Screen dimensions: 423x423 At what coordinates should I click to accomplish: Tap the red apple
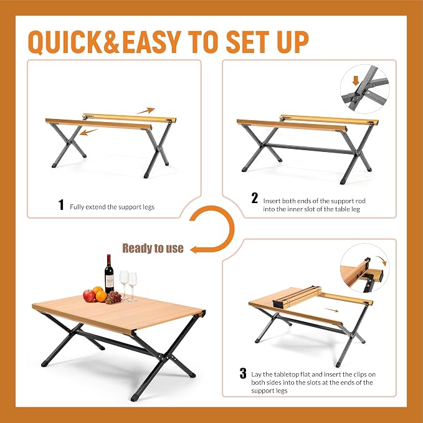pos(88,296)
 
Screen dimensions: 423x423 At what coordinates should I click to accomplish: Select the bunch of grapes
pos(113,297)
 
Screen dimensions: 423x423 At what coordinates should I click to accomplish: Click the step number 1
pos(61,205)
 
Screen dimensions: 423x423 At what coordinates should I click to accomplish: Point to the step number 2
pos(254,198)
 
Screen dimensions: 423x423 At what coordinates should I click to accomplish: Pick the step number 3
pos(243,373)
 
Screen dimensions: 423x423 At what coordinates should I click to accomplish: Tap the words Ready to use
pos(153,248)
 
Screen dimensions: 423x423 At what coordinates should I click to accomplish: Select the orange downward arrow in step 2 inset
pos(356,80)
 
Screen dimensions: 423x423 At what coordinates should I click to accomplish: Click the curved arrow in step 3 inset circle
pos(383,260)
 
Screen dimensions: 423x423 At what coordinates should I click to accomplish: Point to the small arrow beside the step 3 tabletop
pos(331,310)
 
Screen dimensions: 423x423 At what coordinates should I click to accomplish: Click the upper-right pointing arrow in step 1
pos(146,111)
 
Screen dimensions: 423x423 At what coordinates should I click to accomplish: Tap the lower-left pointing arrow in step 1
pos(88,132)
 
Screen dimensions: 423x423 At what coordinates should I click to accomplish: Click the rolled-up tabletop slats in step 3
pos(297,297)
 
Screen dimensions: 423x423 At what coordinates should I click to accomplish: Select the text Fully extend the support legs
pos(112,207)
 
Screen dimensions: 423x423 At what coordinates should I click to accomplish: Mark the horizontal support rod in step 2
pos(310,149)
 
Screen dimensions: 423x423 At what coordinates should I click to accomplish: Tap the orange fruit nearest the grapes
pos(101,297)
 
